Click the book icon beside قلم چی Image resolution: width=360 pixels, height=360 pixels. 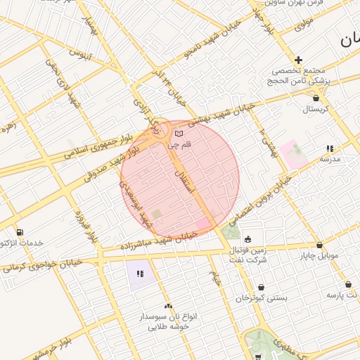(179, 134)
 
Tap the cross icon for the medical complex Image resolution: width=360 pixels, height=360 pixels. (299, 60)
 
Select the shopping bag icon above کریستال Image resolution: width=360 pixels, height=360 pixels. (316, 98)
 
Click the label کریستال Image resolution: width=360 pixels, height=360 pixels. (316, 110)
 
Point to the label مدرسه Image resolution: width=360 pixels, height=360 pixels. (330, 160)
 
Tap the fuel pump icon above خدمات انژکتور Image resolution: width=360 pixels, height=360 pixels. (19, 232)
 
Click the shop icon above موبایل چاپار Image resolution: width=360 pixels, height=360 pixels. (320, 245)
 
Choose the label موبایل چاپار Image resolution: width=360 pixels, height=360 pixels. (321, 256)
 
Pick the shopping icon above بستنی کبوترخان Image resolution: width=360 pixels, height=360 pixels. (262, 287)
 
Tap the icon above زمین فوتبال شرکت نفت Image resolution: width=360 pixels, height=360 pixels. (247, 238)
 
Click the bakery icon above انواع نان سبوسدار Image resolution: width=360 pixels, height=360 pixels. (168, 306)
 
